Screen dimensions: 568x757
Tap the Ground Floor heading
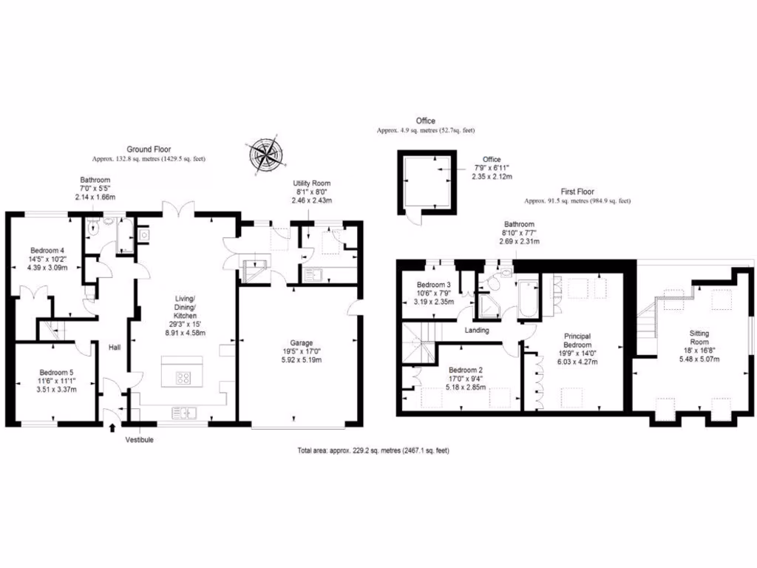tap(149, 148)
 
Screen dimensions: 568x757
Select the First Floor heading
tap(577, 190)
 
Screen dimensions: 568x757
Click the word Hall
tap(115, 347)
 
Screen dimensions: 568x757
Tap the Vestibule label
tap(140, 439)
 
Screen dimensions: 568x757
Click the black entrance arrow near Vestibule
tap(112, 427)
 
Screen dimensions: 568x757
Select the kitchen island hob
tap(183, 378)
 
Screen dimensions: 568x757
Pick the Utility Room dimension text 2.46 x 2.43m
tap(311, 200)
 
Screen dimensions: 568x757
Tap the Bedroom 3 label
tap(434, 285)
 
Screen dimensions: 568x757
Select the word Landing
tap(477, 330)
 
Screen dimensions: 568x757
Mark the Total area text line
tap(373, 450)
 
